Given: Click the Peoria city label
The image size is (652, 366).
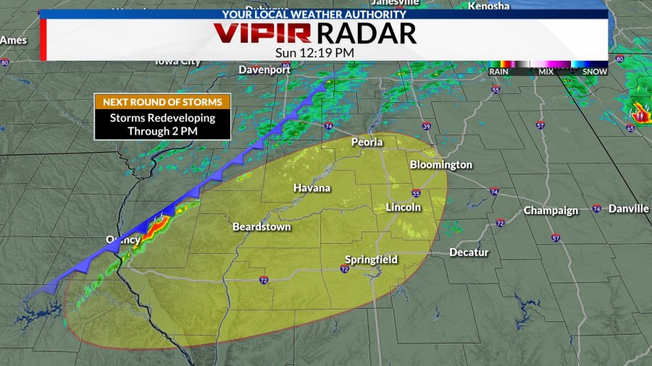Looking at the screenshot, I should tap(367, 142).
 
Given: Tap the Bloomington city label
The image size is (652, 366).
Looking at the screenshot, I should tap(440, 165).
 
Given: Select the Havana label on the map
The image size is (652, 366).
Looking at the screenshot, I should tap(312, 188).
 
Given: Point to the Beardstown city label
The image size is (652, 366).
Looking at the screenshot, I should tap(262, 226).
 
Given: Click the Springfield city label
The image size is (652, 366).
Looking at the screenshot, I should tap(371, 260).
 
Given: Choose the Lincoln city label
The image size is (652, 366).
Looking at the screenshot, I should tap(403, 207).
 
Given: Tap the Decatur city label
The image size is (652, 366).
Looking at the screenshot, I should tap(469, 252).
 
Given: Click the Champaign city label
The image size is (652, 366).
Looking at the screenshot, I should tap(551, 210).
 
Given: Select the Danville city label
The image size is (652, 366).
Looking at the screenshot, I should tap(628, 208).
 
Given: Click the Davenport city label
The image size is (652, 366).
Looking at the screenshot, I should tap(264, 69).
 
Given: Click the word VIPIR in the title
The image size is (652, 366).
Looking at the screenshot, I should tap(262, 33).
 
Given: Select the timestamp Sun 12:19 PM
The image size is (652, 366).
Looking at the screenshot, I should tap(315, 52).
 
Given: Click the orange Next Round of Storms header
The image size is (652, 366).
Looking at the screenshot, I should tap(162, 102).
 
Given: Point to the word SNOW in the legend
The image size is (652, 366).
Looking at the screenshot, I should tap(595, 72).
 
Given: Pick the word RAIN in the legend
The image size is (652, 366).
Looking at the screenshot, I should tap(498, 72).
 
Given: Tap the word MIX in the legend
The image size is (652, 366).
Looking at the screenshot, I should tap(546, 72).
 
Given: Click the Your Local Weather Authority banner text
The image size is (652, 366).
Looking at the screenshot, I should tap(324, 14).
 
